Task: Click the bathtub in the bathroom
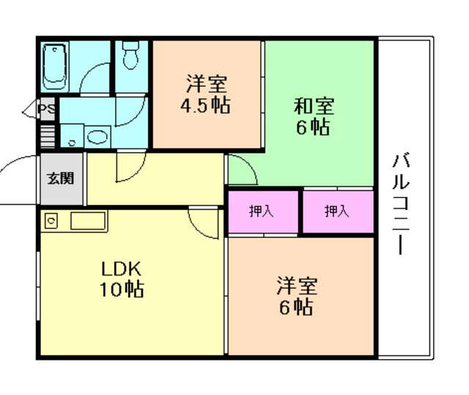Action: click(55, 65)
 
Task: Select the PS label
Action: click(47, 111)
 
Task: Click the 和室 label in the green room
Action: click(314, 106)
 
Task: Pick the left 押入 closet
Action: click(262, 212)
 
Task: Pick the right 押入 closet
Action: click(338, 212)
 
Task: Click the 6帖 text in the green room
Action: click(313, 127)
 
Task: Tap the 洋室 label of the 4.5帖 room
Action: click(205, 82)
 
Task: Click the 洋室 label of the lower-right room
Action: click(296, 284)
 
